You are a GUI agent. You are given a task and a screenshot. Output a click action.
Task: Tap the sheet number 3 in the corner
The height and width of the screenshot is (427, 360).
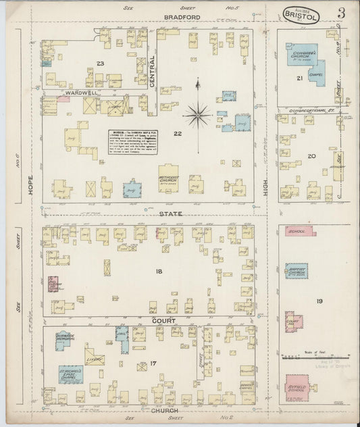coord(343,13)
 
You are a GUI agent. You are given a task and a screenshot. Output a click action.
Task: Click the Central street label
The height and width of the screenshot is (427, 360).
coord(153,82)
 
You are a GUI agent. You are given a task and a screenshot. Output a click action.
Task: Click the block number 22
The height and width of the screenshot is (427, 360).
coord(177,134)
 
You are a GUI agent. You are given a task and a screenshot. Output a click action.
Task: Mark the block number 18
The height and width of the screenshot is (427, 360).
coord(159,271)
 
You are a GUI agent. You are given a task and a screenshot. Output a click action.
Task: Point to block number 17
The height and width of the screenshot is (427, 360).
coord(154,364)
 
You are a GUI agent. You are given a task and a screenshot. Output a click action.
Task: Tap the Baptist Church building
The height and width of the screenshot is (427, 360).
coord(297,270)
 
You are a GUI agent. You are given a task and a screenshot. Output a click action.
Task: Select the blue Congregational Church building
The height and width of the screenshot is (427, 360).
coord(298,56)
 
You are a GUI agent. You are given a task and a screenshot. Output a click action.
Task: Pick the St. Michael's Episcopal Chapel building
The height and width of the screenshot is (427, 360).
coord(70,373)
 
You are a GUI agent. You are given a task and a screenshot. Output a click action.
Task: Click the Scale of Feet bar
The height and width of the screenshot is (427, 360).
coord(317,356)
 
